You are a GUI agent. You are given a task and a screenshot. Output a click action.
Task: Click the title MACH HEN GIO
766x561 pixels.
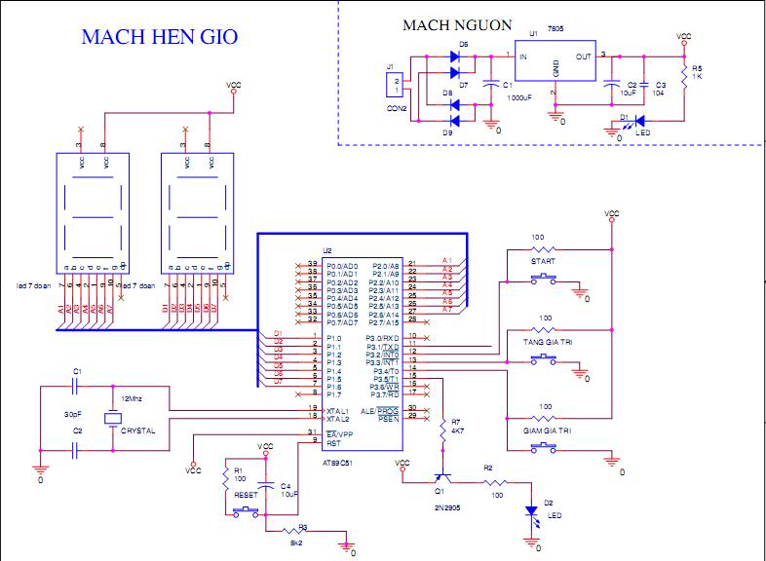(160, 37)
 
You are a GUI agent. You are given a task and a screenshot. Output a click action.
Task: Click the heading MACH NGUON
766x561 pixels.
(456, 25)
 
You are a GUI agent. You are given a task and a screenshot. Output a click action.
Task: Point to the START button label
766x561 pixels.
(543, 262)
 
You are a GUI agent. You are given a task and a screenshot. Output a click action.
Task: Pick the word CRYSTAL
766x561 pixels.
(138, 430)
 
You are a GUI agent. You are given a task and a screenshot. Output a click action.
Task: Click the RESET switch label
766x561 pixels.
(246, 495)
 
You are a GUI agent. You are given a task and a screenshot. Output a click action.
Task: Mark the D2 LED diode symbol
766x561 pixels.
(531, 511)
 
